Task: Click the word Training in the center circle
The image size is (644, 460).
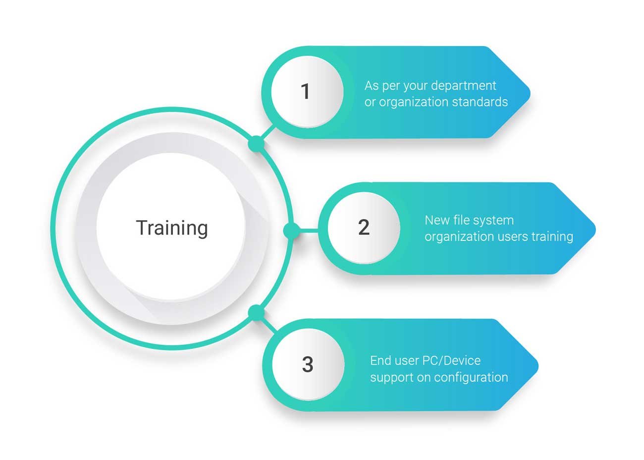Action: [172, 228]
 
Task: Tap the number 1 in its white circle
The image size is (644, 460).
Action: [306, 92]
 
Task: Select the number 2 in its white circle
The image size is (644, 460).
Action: [364, 227]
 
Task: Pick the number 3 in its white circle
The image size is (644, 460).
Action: [308, 364]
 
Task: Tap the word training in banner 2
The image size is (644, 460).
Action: [552, 236]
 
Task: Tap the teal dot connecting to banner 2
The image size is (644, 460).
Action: [291, 230]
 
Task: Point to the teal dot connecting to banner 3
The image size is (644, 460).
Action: [256, 313]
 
